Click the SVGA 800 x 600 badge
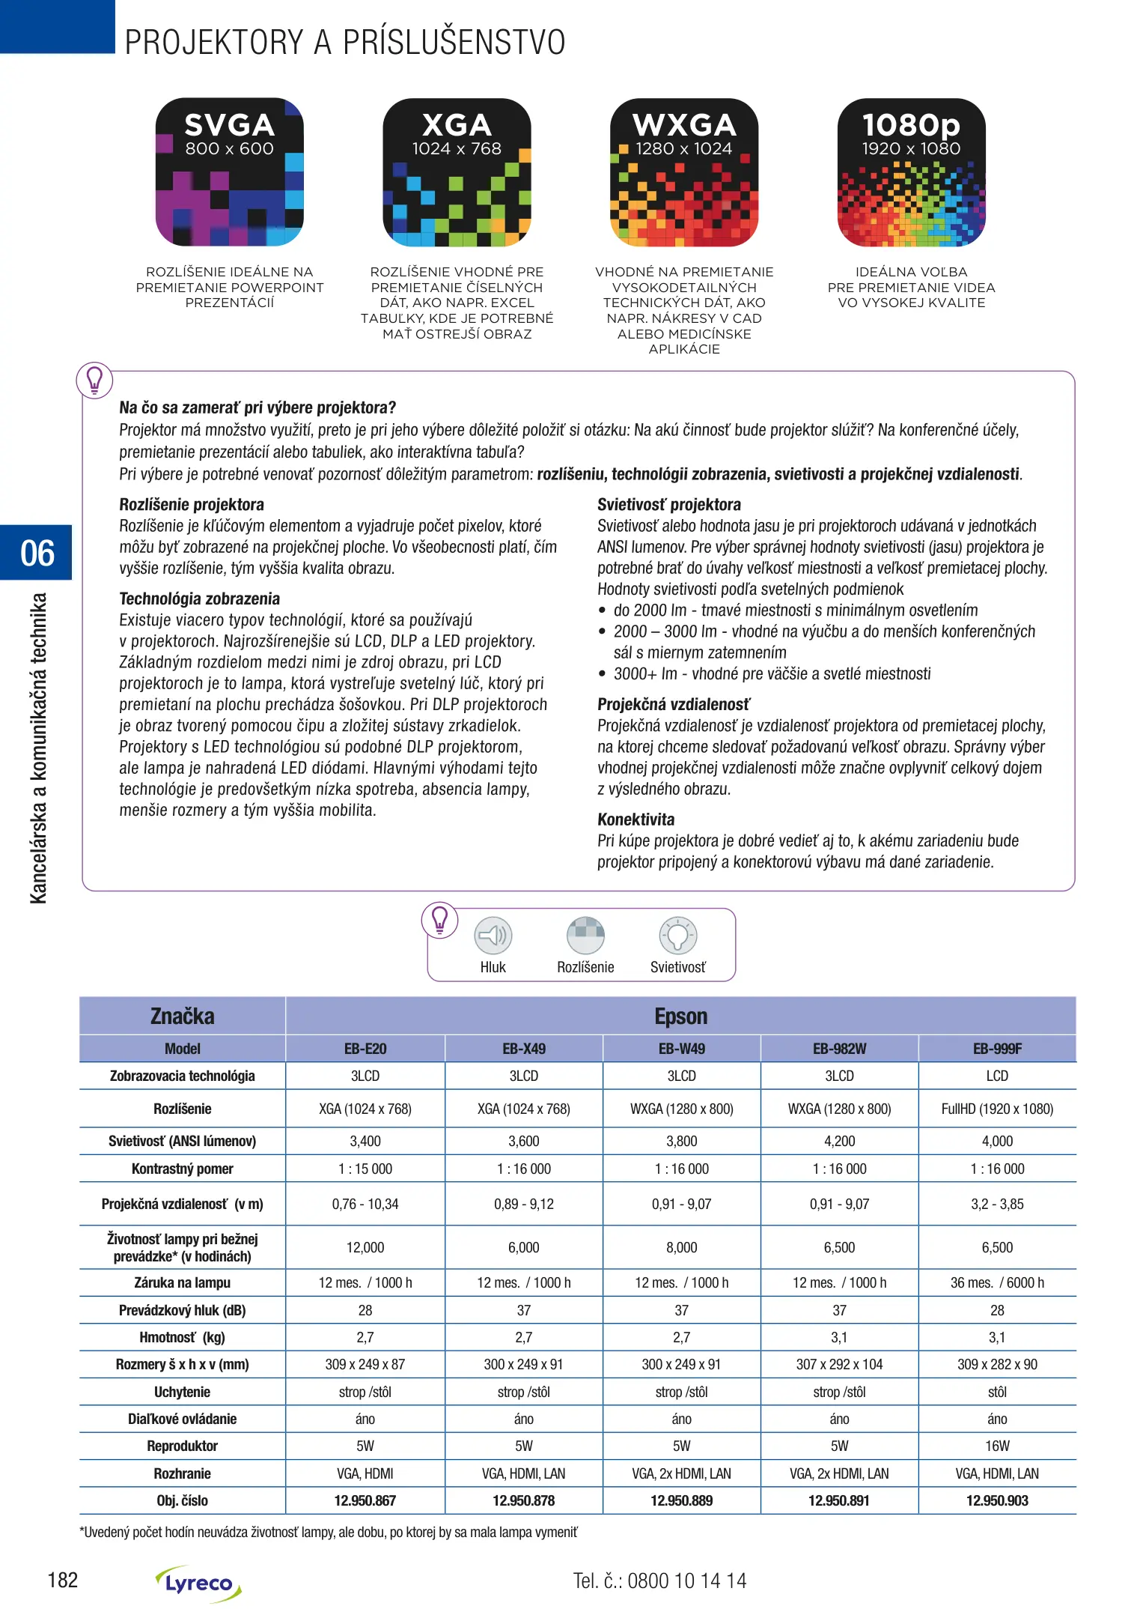tap(229, 172)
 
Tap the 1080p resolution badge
tap(911, 172)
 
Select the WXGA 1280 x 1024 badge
tap(683, 172)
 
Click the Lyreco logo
tap(199, 1583)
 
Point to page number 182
tap(63, 1580)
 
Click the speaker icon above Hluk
tap(493, 936)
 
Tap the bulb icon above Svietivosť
tap(677, 936)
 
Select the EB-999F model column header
tap(997, 1049)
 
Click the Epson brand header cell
tap(680, 1016)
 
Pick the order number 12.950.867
tap(365, 1500)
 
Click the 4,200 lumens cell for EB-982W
tap(839, 1141)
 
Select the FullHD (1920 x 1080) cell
tap(997, 1109)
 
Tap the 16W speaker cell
tap(997, 1446)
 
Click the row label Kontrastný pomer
tap(183, 1169)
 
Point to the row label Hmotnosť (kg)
tap(183, 1337)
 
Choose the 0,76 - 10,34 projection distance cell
tap(365, 1204)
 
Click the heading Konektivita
tap(635, 819)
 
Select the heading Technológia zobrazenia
tap(200, 599)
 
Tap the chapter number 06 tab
tap(37, 553)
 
